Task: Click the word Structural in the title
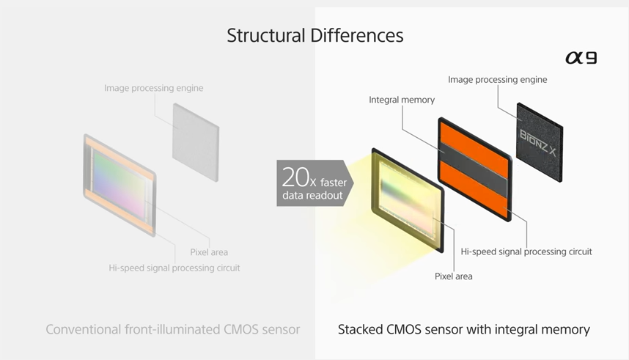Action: click(x=266, y=35)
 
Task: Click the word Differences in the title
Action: click(x=356, y=35)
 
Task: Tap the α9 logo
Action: click(x=581, y=58)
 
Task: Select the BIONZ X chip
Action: click(x=540, y=142)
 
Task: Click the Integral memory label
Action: click(x=402, y=100)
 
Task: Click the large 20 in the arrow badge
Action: click(x=295, y=177)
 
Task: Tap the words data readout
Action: click(x=312, y=196)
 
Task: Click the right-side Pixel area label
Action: click(x=453, y=276)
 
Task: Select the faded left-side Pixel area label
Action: click(x=209, y=252)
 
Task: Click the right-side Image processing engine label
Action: click(x=498, y=79)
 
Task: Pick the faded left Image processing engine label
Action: click(x=154, y=88)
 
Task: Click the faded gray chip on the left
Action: click(x=196, y=142)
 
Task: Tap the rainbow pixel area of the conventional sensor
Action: click(x=119, y=184)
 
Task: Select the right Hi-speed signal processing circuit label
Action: click(x=526, y=251)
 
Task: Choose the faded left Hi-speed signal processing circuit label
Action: click(x=174, y=268)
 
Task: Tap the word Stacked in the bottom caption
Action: click(x=360, y=329)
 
